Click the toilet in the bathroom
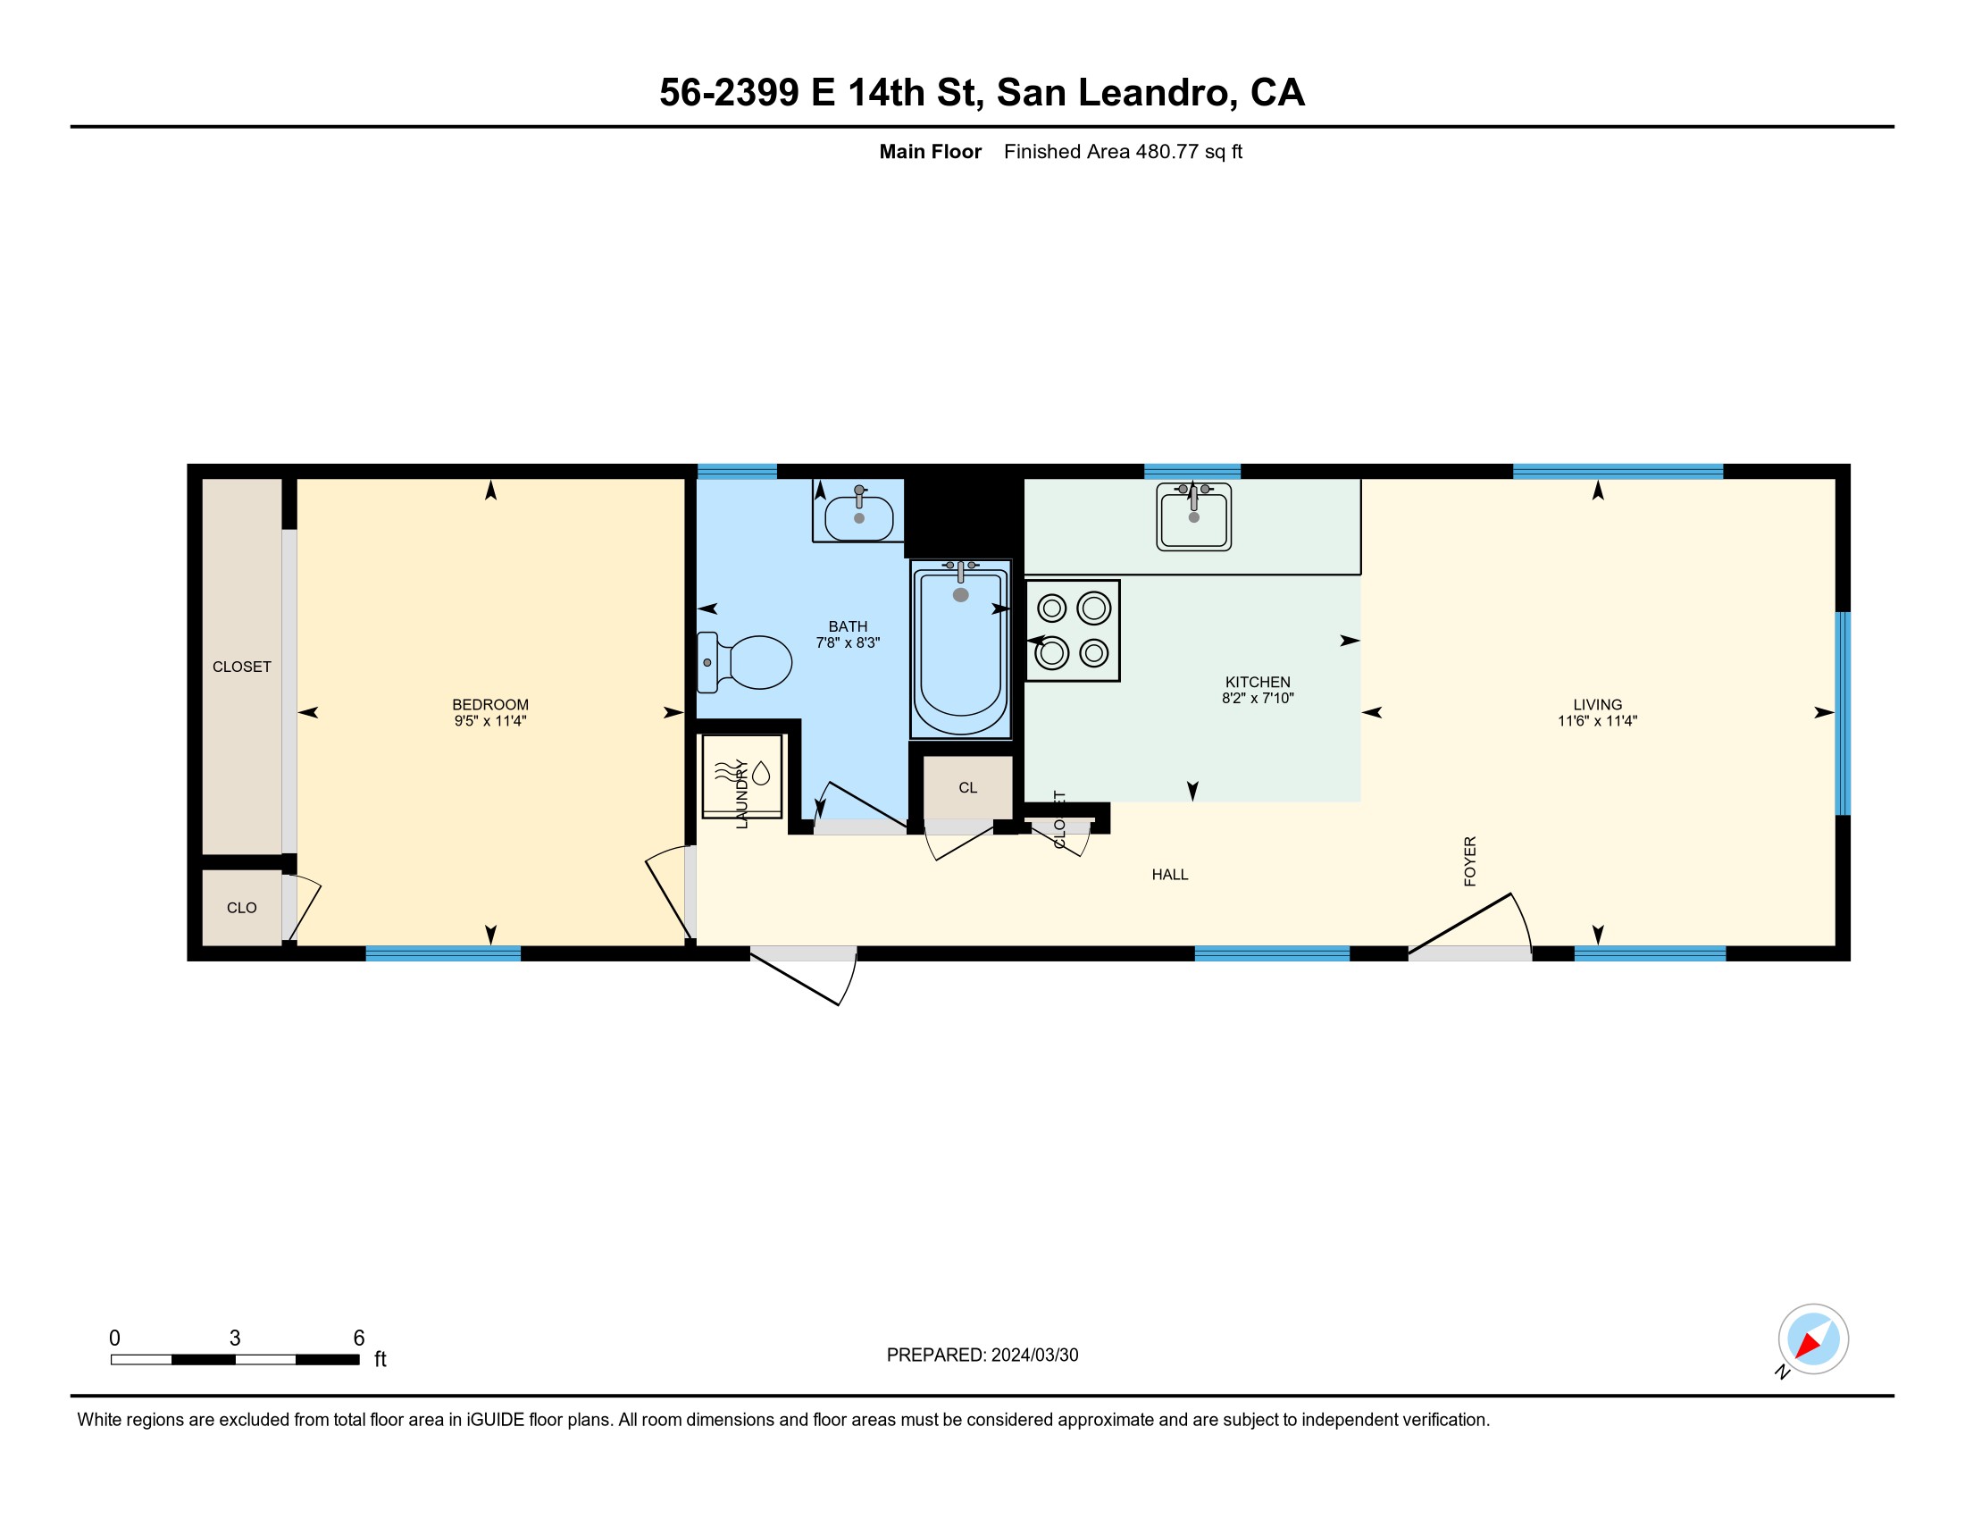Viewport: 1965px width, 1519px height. [745, 662]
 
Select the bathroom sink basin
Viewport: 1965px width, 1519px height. [858, 515]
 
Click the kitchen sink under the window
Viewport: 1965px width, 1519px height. [1193, 516]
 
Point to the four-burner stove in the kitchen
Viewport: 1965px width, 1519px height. [1073, 631]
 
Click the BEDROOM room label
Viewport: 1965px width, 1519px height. [490, 705]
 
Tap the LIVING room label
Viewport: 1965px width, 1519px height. [1597, 705]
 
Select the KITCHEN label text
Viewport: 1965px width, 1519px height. [1257, 682]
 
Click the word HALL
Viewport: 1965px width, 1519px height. [1170, 875]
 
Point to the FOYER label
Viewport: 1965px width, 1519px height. [1469, 861]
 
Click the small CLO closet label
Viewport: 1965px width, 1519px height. [241, 908]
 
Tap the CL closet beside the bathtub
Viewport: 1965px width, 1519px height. [967, 788]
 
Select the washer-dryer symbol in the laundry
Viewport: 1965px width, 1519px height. [741, 776]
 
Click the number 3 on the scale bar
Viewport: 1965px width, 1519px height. [235, 1338]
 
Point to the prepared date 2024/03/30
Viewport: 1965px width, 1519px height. [1034, 1355]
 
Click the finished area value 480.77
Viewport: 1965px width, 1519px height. [1167, 151]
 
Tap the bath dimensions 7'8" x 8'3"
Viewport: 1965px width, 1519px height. [848, 642]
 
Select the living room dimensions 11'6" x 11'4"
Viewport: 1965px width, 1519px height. [1597, 721]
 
